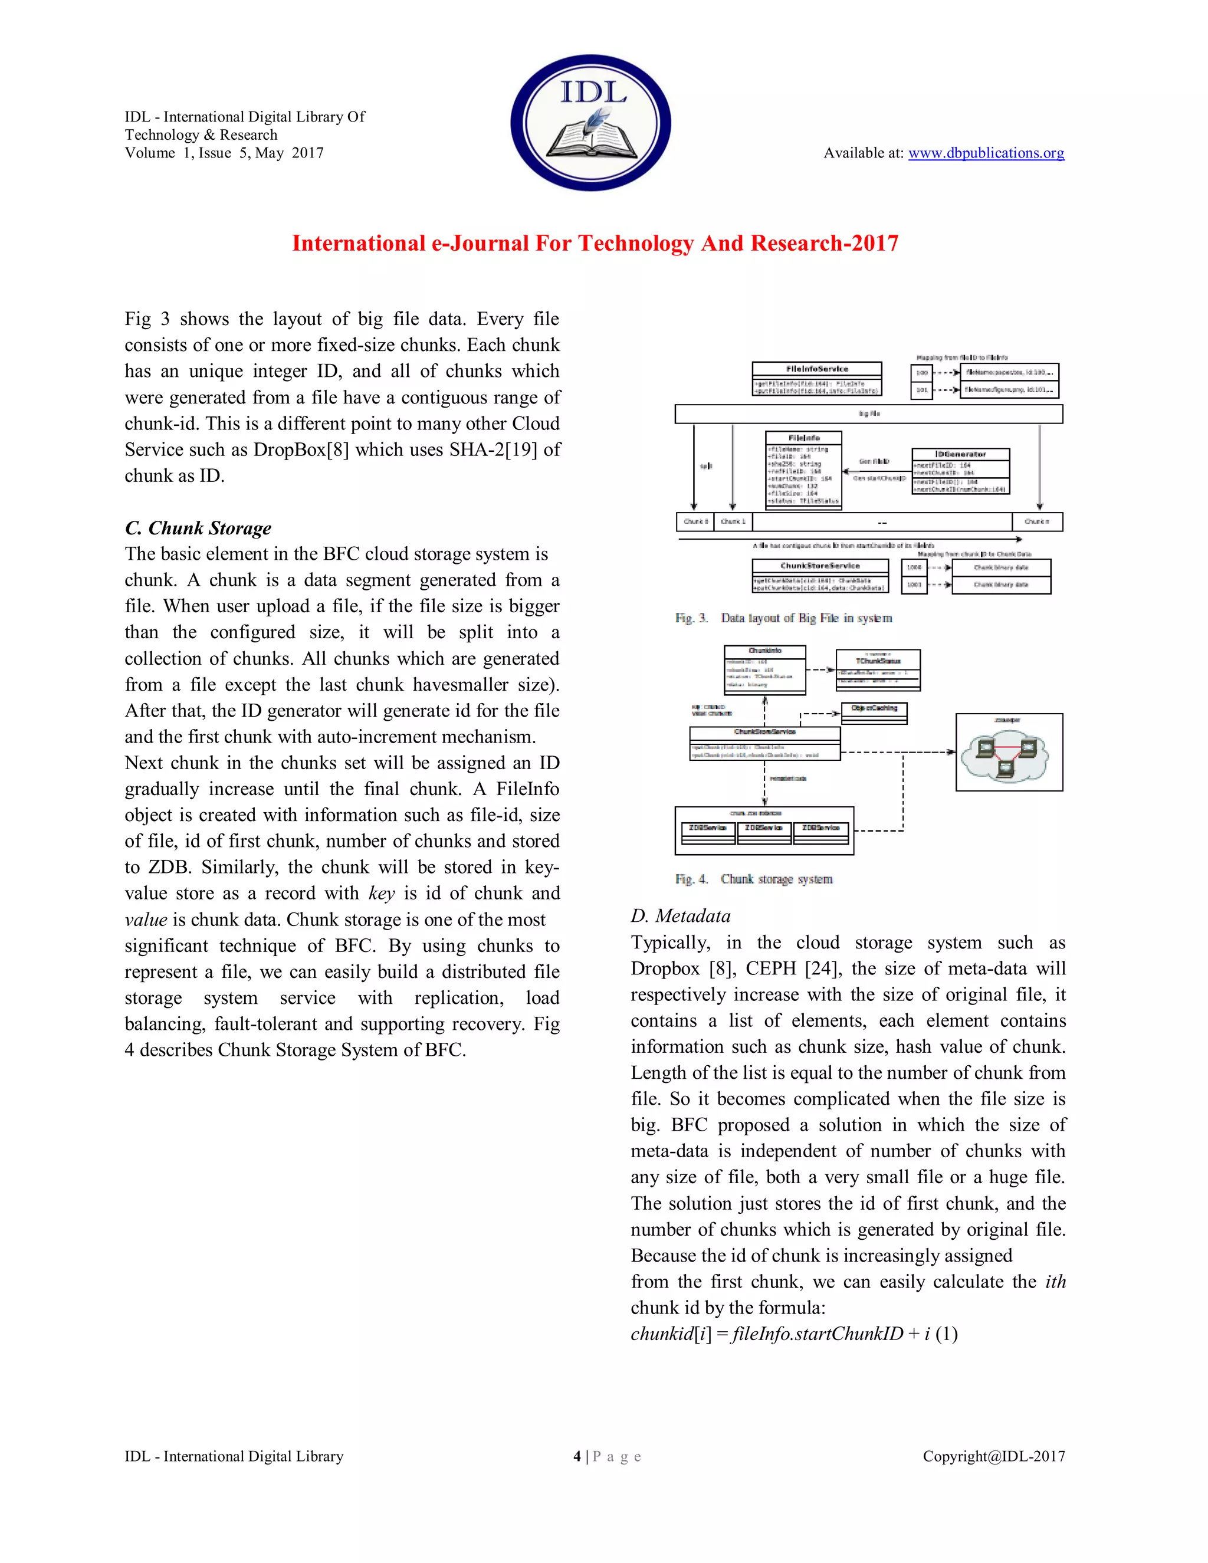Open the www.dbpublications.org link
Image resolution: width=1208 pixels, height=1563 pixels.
986,153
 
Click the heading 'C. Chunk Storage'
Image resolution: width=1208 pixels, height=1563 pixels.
198,528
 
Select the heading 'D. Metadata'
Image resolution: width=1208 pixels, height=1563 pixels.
680,916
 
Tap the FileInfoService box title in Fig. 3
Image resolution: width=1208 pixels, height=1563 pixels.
816,369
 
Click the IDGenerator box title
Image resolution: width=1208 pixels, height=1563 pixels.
960,454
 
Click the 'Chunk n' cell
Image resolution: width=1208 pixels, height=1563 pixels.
1037,522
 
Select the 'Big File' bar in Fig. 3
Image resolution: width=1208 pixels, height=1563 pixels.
868,413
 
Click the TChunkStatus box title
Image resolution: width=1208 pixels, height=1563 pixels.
878,661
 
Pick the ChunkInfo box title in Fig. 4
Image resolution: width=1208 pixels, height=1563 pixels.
764,651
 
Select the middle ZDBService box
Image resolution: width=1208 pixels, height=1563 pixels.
764,828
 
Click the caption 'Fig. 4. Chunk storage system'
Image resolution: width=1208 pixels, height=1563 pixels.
754,879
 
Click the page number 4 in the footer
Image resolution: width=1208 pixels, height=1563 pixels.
577,1456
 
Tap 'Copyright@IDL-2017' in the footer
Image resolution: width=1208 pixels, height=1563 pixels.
993,1456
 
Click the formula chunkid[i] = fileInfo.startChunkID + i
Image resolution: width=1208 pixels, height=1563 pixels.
793,1334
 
